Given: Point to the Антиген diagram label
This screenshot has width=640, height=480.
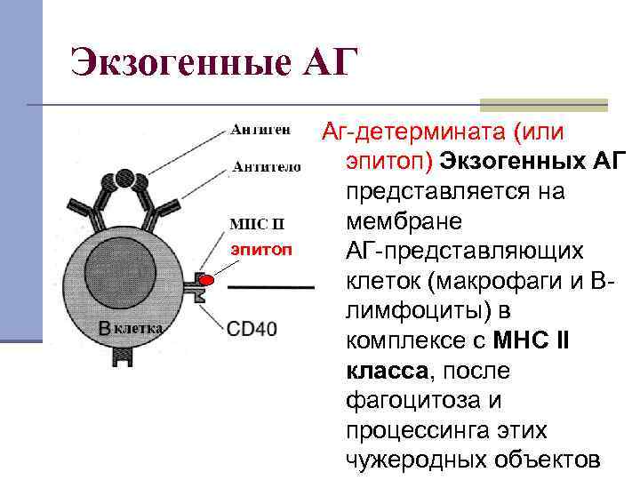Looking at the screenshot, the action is point(260,131).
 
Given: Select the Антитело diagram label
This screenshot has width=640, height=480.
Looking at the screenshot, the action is point(267,166).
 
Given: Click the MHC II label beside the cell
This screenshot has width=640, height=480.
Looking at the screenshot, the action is point(257,221).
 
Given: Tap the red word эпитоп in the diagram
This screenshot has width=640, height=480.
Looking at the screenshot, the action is point(261,249).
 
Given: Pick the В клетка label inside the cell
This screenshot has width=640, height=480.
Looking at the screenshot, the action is point(131,328).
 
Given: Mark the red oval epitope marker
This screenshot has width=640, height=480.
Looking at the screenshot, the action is point(207,283).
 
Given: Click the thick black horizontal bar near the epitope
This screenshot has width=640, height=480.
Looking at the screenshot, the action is point(271,288).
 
